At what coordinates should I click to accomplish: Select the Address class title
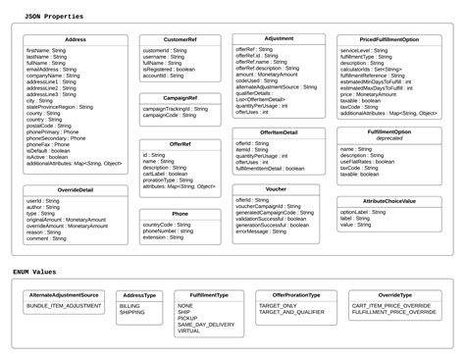click(76, 39)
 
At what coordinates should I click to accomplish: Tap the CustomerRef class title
click(181, 39)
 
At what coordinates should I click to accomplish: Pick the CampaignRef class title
click(181, 98)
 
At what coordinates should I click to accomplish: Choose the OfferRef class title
click(181, 144)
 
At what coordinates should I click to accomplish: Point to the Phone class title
click(181, 213)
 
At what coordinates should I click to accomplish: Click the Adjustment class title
click(280, 38)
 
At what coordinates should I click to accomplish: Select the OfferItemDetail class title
click(280, 131)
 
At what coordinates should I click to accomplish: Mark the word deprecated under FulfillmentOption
click(389, 139)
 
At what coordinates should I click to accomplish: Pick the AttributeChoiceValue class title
click(389, 200)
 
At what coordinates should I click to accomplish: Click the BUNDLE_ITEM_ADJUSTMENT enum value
click(64, 305)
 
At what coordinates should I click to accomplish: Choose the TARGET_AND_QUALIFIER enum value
click(290, 312)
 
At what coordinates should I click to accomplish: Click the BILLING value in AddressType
click(129, 305)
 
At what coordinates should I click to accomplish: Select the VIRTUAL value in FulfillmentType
click(189, 332)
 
